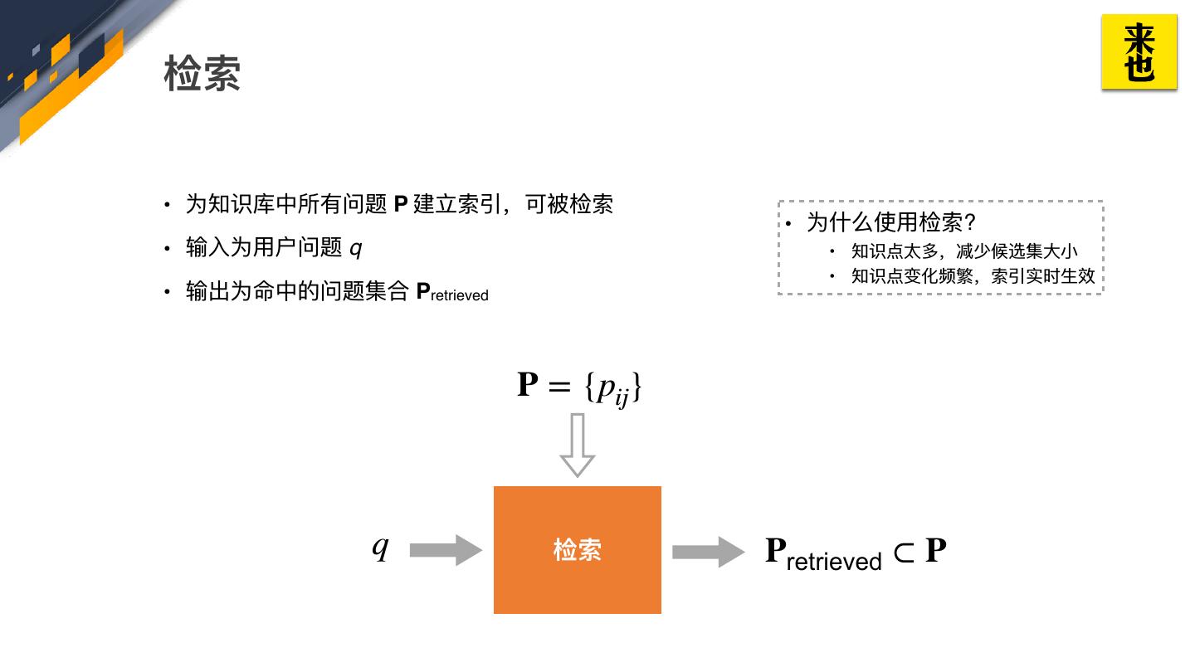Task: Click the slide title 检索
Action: pyautogui.click(x=202, y=74)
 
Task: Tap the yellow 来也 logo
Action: pyautogui.click(x=1139, y=51)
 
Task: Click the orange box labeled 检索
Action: pyautogui.click(x=577, y=549)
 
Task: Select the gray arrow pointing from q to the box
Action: pyautogui.click(x=446, y=550)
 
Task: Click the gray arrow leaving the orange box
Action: pyautogui.click(x=708, y=552)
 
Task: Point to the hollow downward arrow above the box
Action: pyautogui.click(x=578, y=445)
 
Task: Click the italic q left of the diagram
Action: pyautogui.click(x=380, y=548)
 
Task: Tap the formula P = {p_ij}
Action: pyautogui.click(x=579, y=387)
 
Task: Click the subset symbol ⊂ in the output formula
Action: pyautogui.click(x=903, y=552)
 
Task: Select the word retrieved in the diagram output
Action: pyautogui.click(x=833, y=562)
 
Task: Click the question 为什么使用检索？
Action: pyautogui.click(x=891, y=222)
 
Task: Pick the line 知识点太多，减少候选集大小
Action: pyautogui.click(x=964, y=251)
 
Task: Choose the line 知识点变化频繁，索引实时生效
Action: pyautogui.click(x=973, y=276)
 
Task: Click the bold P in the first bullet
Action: pyautogui.click(x=400, y=204)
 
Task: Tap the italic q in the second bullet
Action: pyautogui.click(x=356, y=248)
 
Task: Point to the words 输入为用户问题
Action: pyautogui.click(x=264, y=247)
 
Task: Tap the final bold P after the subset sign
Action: pyautogui.click(x=936, y=550)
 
